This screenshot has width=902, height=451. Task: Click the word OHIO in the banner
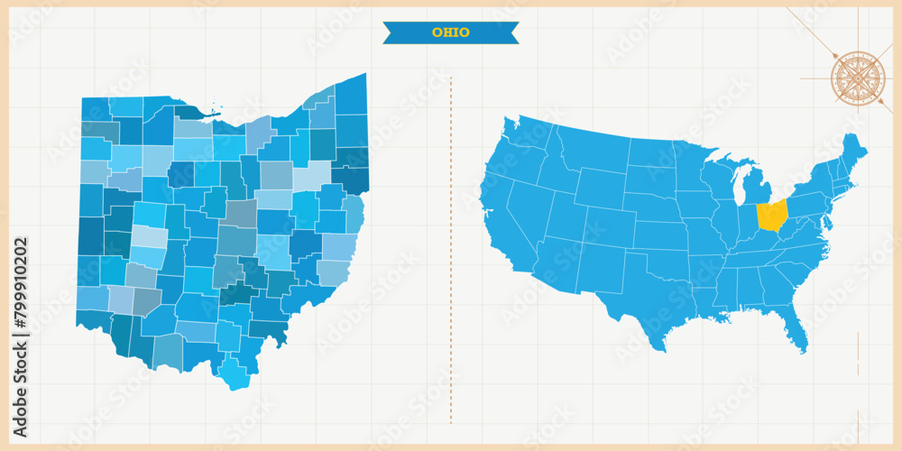(x=450, y=32)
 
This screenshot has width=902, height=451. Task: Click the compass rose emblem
(x=857, y=78)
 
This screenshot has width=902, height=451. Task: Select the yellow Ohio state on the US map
(x=771, y=216)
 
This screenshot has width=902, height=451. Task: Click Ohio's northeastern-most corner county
(x=352, y=94)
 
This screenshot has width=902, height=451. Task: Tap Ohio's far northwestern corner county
(x=95, y=109)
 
